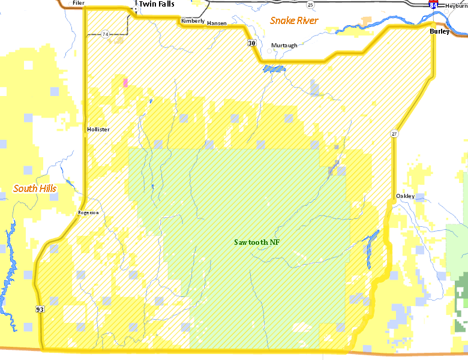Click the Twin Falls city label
157,4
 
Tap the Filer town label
78,3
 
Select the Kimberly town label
193,21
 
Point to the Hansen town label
217,23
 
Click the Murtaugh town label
284,46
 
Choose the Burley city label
439,31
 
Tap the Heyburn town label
456,5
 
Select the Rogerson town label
88,212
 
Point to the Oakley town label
405,196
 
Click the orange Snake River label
293,20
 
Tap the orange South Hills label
35,188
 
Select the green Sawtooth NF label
257,242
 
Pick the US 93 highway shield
40,309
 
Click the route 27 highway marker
394,133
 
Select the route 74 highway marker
105,34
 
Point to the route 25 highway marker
310,5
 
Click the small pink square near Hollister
125,83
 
